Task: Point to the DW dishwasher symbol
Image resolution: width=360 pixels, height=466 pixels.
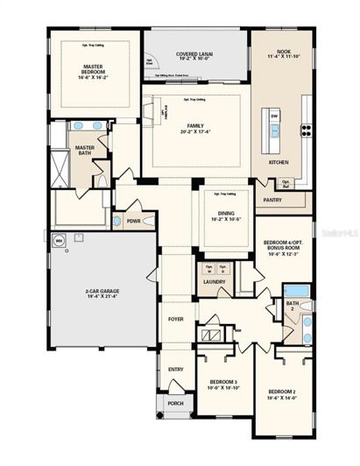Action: pyautogui.click(x=274, y=116)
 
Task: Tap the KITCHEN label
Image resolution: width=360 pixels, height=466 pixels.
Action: pyautogui.click(x=279, y=163)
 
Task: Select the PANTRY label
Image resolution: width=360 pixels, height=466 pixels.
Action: pyautogui.click(x=272, y=200)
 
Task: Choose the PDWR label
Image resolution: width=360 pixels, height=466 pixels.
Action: pyautogui.click(x=134, y=222)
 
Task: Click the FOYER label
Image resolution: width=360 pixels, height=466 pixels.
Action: pyautogui.click(x=176, y=319)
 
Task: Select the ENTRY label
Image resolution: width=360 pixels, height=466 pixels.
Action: pyautogui.click(x=176, y=369)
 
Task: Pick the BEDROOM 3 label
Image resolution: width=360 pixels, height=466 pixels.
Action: pyautogui.click(x=223, y=384)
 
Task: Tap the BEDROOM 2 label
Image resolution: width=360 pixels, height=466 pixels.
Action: pyautogui.click(x=286, y=392)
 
